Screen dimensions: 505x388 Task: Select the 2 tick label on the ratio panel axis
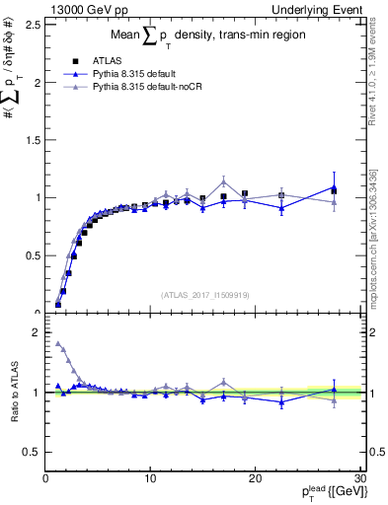click(x=36, y=332)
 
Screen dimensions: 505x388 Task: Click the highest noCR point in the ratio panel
click(x=58, y=344)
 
